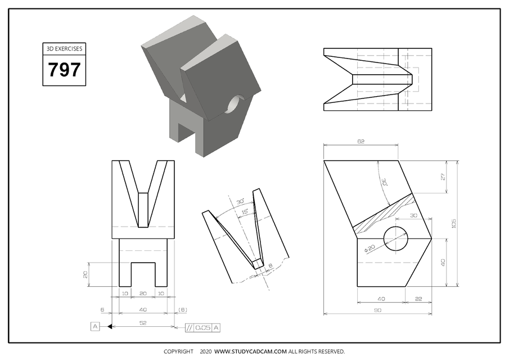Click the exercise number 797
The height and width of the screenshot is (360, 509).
tap(64, 70)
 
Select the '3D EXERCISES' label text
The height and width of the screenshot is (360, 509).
tap(64, 49)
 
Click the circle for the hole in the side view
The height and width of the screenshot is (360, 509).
tap(397, 238)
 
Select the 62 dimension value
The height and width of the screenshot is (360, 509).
tap(360, 141)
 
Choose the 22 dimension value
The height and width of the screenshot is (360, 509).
tap(418, 298)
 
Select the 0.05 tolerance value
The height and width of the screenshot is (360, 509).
tap(202, 327)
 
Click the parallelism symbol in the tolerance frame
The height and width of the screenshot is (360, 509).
tap(190, 327)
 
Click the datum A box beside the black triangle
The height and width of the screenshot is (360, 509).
tap(95, 326)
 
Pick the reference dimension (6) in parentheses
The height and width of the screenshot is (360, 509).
tap(182, 309)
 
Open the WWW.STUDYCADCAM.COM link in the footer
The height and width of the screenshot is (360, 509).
tap(250, 352)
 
